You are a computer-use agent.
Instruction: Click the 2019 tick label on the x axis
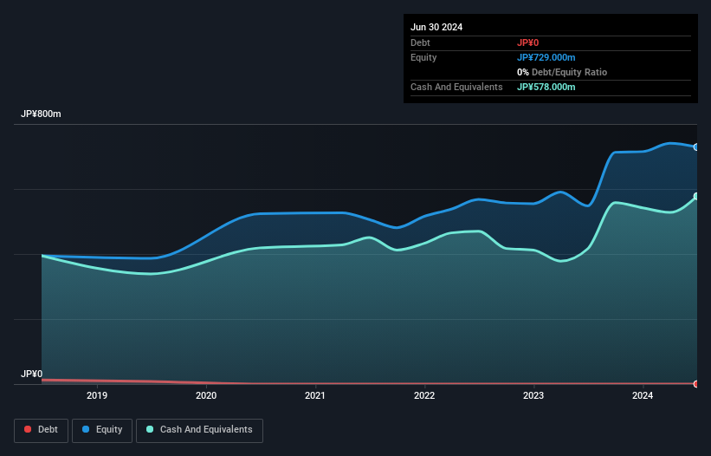pyautogui.click(x=97, y=395)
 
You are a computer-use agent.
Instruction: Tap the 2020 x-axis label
pyautogui.click(x=206, y=395)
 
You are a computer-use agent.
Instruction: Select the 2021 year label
pyautogui.click(x=315, y=395)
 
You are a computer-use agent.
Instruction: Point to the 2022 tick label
pyautogui.click(x=424, y=395)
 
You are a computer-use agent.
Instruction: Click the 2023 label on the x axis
pyautogui.click(x=533, y=395)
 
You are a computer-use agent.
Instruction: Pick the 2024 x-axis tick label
pyautogui.click(x=643, y=395)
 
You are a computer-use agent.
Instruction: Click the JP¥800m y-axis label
pyautogui.click(x=41, y=114)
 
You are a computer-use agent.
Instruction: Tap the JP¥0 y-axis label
pyautogui.click(x=31, y=374)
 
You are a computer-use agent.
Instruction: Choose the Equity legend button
pyautogui.click(x=102, y=429)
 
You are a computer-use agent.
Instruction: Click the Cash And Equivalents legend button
pyautogui.click(x=199, y=429)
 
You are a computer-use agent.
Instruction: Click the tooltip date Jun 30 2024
pyautogui.click(x=436, y=27)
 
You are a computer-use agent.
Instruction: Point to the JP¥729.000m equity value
pyautogui.click(x=546, y=57)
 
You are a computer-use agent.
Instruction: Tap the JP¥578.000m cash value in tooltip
pyautogui.click(x=546, y=87)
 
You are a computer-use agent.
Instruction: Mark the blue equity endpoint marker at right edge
pyautogui.click(x=696, y=147)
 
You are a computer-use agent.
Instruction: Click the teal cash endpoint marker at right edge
pyautogui.click(x=696, y=197)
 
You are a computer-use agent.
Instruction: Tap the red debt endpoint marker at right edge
pyautogui.click(x=696, y=383)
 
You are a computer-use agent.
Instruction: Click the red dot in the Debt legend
pyautogui.click(x=29, y=430)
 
